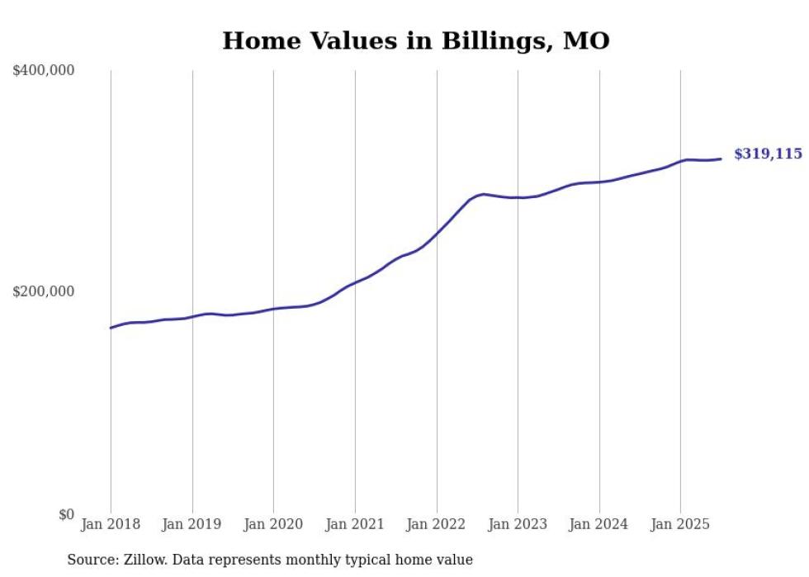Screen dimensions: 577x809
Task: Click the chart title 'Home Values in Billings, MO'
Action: [x=415, y=40]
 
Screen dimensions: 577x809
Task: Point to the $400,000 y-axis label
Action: [x=44, y=71]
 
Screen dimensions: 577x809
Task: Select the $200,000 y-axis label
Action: [x=44, y=292]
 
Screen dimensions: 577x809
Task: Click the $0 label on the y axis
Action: [x=66, y=514]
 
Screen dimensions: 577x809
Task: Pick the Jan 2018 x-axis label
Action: [x=111, y=525]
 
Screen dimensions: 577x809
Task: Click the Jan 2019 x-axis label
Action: [x=192, y=525]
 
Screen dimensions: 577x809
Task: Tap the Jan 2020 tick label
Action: [x=273, y=525]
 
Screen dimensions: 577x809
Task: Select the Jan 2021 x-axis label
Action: [x=355, y=525]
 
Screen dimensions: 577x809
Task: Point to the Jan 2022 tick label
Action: [x=437, y=525]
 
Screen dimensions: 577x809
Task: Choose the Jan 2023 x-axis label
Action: [x=518, y=525]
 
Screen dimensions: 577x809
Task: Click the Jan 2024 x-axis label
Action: [x=599, y=525]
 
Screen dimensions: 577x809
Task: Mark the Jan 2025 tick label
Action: [x=680, y=525]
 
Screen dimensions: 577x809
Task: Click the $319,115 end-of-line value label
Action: [x=768, y=154]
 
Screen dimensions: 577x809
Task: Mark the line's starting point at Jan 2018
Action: [x=111, y=328]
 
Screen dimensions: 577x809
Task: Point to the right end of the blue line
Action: [x=721, y=158]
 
